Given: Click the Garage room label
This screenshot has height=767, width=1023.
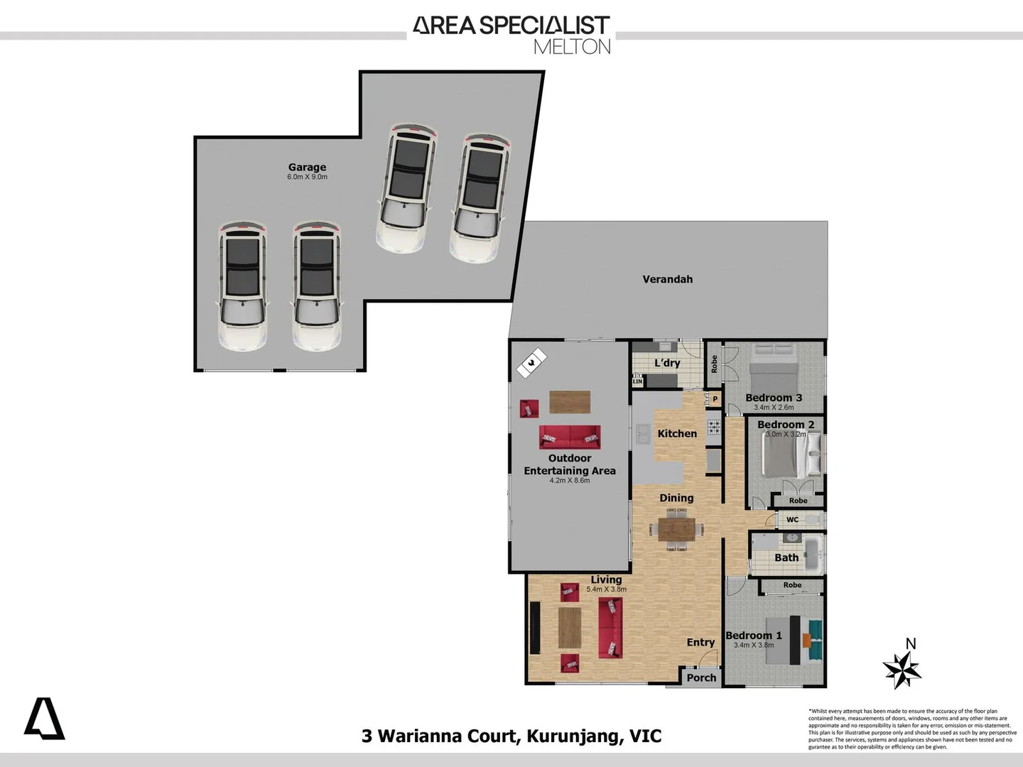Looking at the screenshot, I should pos(307,167).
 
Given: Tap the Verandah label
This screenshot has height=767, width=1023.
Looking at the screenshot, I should pos(667,279).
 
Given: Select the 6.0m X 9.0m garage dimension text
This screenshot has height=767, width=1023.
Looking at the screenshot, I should pos(307,177).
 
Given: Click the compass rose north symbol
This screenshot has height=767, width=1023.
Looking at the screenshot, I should pos(902,668).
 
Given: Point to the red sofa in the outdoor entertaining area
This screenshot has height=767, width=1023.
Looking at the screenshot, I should pos(569,436).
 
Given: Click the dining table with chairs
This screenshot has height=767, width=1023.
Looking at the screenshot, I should pos(676,529).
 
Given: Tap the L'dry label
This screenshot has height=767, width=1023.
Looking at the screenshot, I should pos(667,363).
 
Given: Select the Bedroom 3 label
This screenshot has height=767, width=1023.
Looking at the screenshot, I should pos(774,398).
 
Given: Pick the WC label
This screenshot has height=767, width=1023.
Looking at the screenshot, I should pos(792,520).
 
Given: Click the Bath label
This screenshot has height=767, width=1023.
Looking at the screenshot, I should pos(786,557).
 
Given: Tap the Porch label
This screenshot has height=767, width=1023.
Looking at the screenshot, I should pos(701,678).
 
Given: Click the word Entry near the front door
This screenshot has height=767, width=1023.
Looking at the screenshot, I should pos(700,642).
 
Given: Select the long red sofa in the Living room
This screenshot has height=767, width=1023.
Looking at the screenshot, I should pos(610,627).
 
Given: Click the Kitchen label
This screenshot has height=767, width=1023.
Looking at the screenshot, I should pos(677,433).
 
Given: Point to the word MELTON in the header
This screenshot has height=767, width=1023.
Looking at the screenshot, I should pos(572,47).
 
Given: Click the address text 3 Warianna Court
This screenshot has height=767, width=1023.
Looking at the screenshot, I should pos(440,736).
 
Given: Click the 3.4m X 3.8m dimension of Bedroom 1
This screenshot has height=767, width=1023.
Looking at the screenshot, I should pos(754,646).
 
